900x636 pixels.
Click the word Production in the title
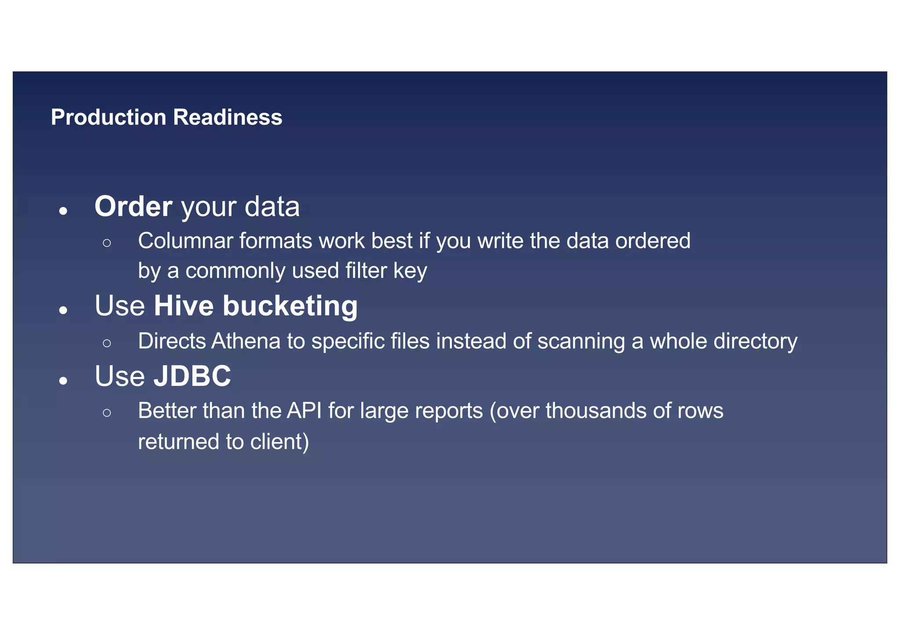tap(108, 117)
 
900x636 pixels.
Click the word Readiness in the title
tap(227, 117)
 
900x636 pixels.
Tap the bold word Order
tap(133, 206)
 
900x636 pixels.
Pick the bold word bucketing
tap(290, 306)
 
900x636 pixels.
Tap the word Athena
tap(246, 341)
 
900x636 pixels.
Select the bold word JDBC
tap(192, 376)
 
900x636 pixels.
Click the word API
tap(304, 411)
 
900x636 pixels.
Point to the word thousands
tap(595, 411)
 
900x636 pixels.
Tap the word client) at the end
tap(279, 442)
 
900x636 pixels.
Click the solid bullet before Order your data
tap(63, 211)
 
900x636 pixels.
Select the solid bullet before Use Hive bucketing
tap(63, 310)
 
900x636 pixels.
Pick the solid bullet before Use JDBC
tap(63, 381)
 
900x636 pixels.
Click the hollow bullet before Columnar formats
tap(107, 243)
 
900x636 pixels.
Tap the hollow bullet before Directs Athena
tap(107, 343)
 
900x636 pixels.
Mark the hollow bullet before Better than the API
tap(107, 413)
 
